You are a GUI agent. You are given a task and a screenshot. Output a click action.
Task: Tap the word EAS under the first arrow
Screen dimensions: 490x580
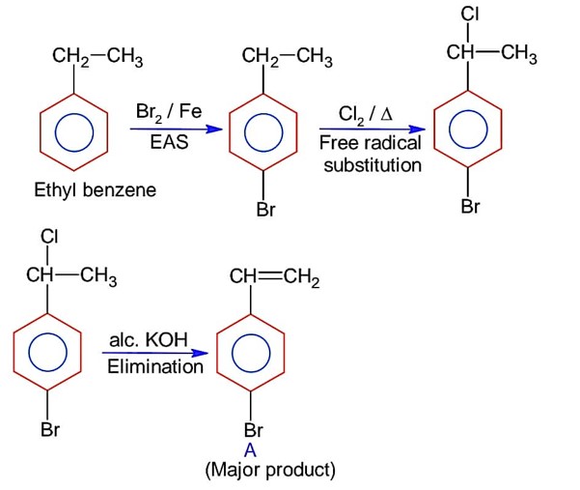[x=168, y=141]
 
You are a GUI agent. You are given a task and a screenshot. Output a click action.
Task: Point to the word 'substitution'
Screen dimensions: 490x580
[x=373, y=164]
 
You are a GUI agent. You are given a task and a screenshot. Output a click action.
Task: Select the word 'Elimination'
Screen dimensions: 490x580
[x=155, y=366]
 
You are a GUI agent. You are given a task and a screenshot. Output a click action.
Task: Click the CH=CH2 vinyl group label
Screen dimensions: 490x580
[x=274, y=279]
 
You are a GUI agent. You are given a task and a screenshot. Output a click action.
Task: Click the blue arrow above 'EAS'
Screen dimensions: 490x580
[x=168, y=126]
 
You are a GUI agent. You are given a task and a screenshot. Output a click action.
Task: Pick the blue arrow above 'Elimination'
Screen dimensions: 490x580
[x=154, y=355]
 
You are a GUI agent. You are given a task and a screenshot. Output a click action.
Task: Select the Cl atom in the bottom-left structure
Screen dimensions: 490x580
[x=49, y=235]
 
